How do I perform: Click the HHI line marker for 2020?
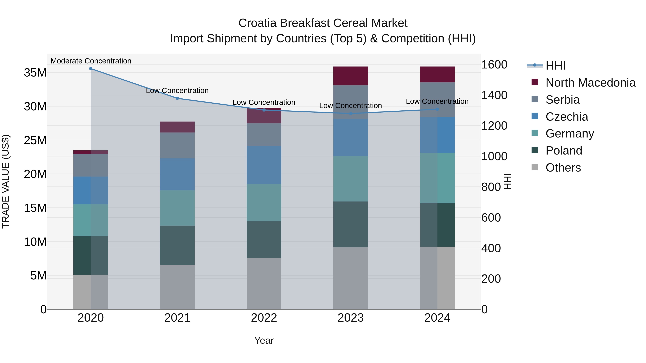click(x=91, y=69)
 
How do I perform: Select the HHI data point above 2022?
click(x=264, y=110)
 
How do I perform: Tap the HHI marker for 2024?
click(x=437, y=109)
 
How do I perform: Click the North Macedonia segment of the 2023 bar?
click(x=351, y=76)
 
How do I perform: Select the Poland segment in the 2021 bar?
click(x=177, y=245)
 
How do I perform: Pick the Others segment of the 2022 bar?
click(x=264, y=284)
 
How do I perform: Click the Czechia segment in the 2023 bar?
click(x=351, y=137)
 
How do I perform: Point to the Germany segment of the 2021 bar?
click(x=177, y=208)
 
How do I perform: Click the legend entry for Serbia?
click(x=563, y=100)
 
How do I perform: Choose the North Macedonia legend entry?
click(x=590, y=83)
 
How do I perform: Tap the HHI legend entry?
click(x=555, y=66)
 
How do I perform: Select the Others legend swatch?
click(x=535, y=167)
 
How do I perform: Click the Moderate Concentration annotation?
click(x=91, y=61)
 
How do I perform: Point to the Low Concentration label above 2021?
click(x=177, y=91)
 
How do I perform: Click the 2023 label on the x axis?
click(x=351, y=318)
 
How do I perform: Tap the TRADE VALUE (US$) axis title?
click(x=6, y=181)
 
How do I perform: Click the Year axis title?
click(x=264, y=340)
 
